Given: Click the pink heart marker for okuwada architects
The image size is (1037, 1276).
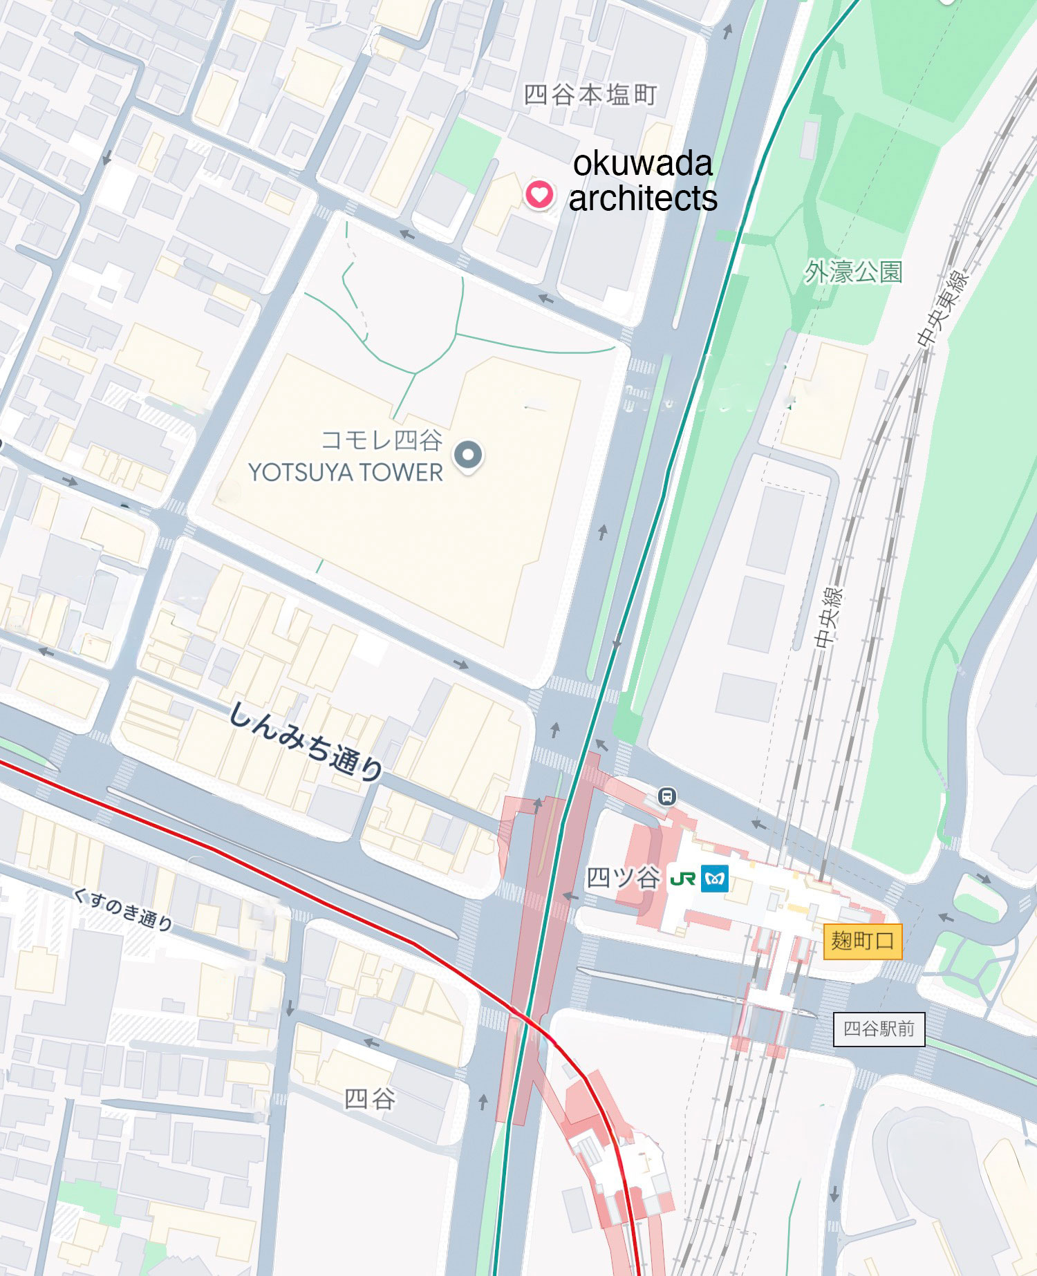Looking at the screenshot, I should (x=539, y=194).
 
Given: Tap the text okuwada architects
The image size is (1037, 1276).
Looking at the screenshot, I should (x=642, y=181).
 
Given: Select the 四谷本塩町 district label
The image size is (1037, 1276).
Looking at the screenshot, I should (x=590, y=95).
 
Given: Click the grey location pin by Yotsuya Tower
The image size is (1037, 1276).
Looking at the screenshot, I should (x=468, y=456).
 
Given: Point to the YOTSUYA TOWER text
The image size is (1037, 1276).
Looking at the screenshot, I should (x=345, y=473).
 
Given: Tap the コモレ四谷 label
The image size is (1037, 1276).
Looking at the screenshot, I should (x=382, y=440).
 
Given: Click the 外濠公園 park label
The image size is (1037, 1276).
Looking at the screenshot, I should (x=853, y=272).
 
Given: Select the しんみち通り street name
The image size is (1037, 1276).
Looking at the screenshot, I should (x=305, y=741).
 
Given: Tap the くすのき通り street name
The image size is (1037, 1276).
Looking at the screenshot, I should (x=123, y=909).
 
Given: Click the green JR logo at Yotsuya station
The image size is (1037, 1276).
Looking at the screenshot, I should (x=682, y=879).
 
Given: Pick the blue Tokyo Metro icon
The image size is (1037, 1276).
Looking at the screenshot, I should (x=715, y=879).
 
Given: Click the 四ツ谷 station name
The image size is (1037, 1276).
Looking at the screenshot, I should (x=622, y=878).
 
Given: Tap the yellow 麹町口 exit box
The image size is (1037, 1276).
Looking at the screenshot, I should (x=862, y=941).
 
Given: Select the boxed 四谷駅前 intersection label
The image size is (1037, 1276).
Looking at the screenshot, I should (x=879, y=1029).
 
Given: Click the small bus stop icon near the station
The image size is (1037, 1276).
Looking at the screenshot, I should (x=666, y=796).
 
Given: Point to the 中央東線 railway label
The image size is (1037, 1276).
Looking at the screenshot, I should (x=943, y=308).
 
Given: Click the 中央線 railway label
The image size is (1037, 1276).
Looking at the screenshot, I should (x=828, y=617).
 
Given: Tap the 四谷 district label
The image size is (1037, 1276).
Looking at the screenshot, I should (x=370, y=1098).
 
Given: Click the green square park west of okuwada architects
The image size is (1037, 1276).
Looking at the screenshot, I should (x=467, y=153).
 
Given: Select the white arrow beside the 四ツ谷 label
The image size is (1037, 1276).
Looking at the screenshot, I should (x=570, y=897).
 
